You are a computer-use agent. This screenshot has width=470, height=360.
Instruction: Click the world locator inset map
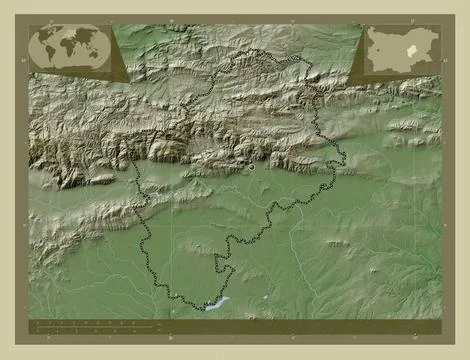[69, 46]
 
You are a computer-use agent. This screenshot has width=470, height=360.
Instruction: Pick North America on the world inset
[45, 38]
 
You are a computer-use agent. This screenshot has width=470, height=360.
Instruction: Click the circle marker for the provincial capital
[252, 168]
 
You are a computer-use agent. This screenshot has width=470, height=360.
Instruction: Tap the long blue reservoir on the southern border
[216, 302]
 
